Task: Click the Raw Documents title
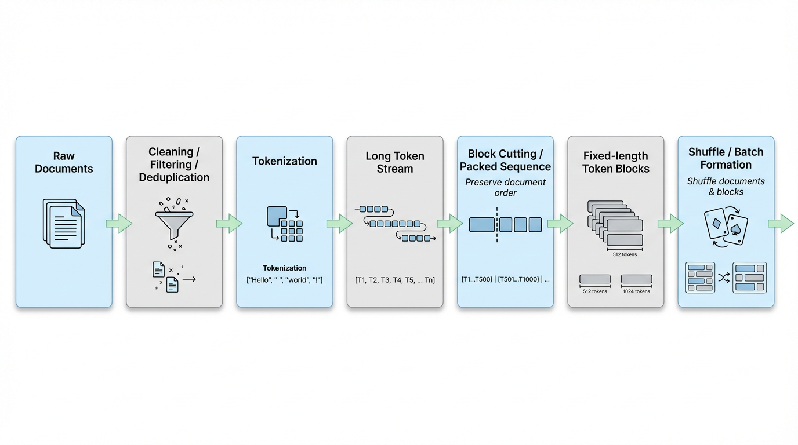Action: coord(64,162)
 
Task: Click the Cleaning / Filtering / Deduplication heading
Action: coord(174,165)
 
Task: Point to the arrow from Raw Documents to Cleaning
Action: coord(119,223)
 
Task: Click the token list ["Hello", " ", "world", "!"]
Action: coord(284,280)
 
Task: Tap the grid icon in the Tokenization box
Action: coord(285,223)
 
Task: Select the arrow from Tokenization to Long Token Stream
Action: coord(339,223)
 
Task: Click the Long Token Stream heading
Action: coord(395,162)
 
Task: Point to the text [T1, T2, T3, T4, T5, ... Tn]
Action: coord(395,280)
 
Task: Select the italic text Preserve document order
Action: coord(505,187)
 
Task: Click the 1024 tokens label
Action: coord(636,291)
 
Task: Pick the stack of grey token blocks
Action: coord(615,223)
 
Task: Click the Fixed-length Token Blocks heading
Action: coord(615,162)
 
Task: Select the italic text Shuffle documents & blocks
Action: coord(726,186)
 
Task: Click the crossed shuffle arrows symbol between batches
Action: coord(724,278)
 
